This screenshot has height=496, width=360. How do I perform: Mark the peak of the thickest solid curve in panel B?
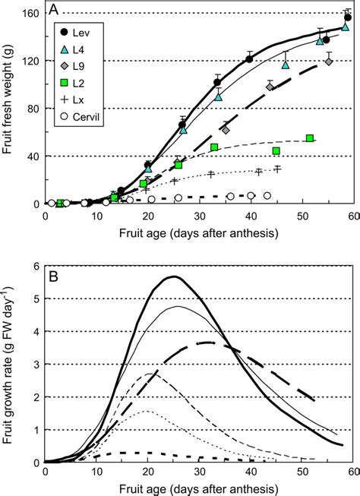pos(174,276)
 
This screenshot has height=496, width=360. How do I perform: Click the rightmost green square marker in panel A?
pos(310,138)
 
